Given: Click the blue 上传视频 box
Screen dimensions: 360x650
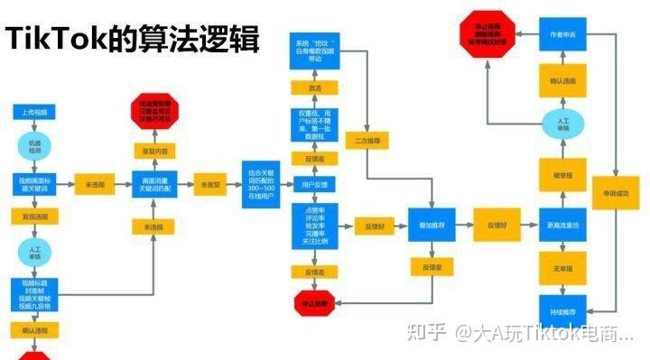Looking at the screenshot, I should coord(36,112).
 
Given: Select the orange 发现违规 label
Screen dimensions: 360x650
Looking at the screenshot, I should coord(36,217).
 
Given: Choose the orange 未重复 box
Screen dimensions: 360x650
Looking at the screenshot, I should coord(211,185).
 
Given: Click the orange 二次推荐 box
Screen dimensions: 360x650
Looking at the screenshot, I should coord(367,142).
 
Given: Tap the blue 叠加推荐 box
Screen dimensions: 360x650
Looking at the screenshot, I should coord(427,225).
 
